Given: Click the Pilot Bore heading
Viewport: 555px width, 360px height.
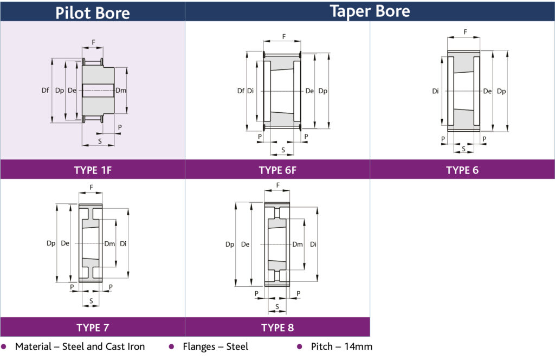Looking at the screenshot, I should point(93,12).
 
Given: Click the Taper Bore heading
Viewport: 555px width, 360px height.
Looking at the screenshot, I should point(370,11).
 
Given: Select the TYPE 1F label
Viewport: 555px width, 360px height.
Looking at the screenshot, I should point(93,170).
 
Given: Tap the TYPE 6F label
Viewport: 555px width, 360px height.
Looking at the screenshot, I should point(277,170).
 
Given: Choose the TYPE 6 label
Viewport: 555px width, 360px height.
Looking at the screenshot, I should point(462,170).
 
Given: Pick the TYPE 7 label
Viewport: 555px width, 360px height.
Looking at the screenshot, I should point(93,327).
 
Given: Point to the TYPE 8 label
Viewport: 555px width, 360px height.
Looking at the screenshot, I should point(277,327).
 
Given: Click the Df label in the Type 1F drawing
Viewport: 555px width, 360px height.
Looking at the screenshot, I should point(45,91).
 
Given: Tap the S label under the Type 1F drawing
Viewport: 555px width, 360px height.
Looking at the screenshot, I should point(99,140).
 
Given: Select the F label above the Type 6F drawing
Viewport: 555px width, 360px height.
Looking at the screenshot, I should point(283,37).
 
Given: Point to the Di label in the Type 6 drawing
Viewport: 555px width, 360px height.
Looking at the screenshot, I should point(436,91).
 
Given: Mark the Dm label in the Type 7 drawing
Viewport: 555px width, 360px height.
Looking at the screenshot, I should point(109,243).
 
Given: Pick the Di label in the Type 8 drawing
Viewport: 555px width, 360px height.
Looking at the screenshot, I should point(313,245).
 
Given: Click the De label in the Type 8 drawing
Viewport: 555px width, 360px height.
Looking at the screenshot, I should point(245,245).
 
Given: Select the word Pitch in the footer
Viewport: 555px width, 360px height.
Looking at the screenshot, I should point(322,346).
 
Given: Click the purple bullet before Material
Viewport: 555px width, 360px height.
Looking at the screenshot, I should point(4,346).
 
